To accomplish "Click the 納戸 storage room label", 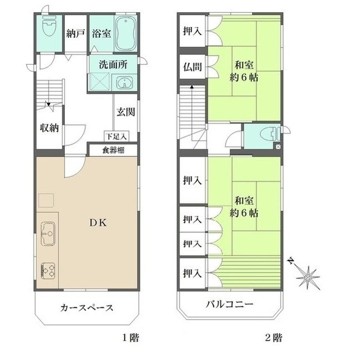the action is tap(76, 34).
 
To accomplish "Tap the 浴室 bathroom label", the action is tap(102, 33).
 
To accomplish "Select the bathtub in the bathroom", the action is tap(125, 34).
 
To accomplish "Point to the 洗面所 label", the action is tap(113, 65).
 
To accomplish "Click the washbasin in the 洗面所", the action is tap(124, 82).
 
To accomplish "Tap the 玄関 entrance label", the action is tap(126, 112).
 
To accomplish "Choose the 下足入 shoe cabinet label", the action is tap(116, 136).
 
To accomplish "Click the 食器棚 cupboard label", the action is tap(113, 150).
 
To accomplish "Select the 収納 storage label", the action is tap(50, 128).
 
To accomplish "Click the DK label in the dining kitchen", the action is tap(98, 223).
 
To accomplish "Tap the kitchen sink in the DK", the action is tap(48, 234).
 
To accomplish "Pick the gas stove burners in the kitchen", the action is tap(49, 271).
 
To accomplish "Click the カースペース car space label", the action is tap(87, 308).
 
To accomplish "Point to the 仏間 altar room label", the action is tap(192, 67).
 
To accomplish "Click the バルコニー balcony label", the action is tap(230, 304).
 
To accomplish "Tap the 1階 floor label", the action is tap(130, 338).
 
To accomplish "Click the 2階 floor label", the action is tap(274, 338).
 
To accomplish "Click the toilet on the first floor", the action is tap(49, 25).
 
